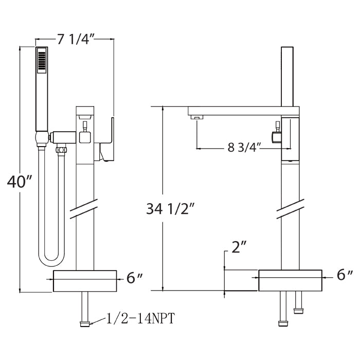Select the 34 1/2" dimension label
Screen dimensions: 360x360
[x=170, y=209]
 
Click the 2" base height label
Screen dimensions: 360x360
[x=239, y=247]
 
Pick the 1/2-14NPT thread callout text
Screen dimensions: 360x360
[x=140, y=318]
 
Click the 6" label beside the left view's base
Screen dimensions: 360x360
[x=135, y=278]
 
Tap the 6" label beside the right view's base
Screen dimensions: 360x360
[x=345, y=275]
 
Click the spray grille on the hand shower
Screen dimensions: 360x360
[x=42, y=60]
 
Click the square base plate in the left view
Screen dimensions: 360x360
[x=85, y=281]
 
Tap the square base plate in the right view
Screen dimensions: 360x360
[x=290, y=280]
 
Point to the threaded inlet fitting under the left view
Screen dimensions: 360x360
[x=85, y=324]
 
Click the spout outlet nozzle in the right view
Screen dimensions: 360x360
[x=197, y=117]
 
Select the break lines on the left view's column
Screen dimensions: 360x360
[x=84, y=209]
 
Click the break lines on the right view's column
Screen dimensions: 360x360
[x=291, y=209]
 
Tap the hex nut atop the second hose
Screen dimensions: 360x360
[x=61, y=150]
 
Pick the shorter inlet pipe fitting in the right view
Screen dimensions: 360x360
[x=298, y=302]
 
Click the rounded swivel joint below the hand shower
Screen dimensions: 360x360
[x=42, y=138]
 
